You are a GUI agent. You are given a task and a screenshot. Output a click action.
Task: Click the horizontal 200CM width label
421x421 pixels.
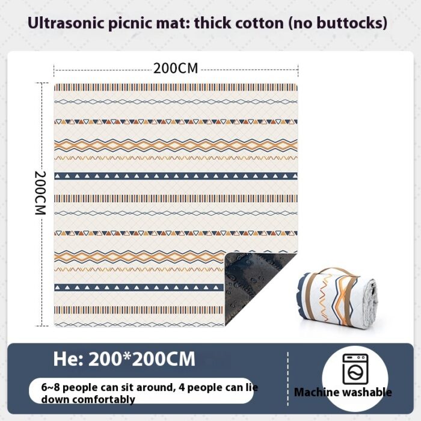176,68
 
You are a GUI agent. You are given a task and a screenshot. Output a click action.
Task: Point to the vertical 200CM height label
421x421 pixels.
40,193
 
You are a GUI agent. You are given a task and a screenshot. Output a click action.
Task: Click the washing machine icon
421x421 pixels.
355,369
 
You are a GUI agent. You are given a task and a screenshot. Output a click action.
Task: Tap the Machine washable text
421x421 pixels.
343,392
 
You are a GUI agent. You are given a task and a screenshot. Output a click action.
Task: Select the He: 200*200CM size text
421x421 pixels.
124,359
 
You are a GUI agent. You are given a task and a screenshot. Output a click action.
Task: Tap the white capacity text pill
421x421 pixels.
141,391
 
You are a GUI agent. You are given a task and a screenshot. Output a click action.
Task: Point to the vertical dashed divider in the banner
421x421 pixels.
287,379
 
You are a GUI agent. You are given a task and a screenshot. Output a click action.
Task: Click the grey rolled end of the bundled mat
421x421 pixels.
370,303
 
